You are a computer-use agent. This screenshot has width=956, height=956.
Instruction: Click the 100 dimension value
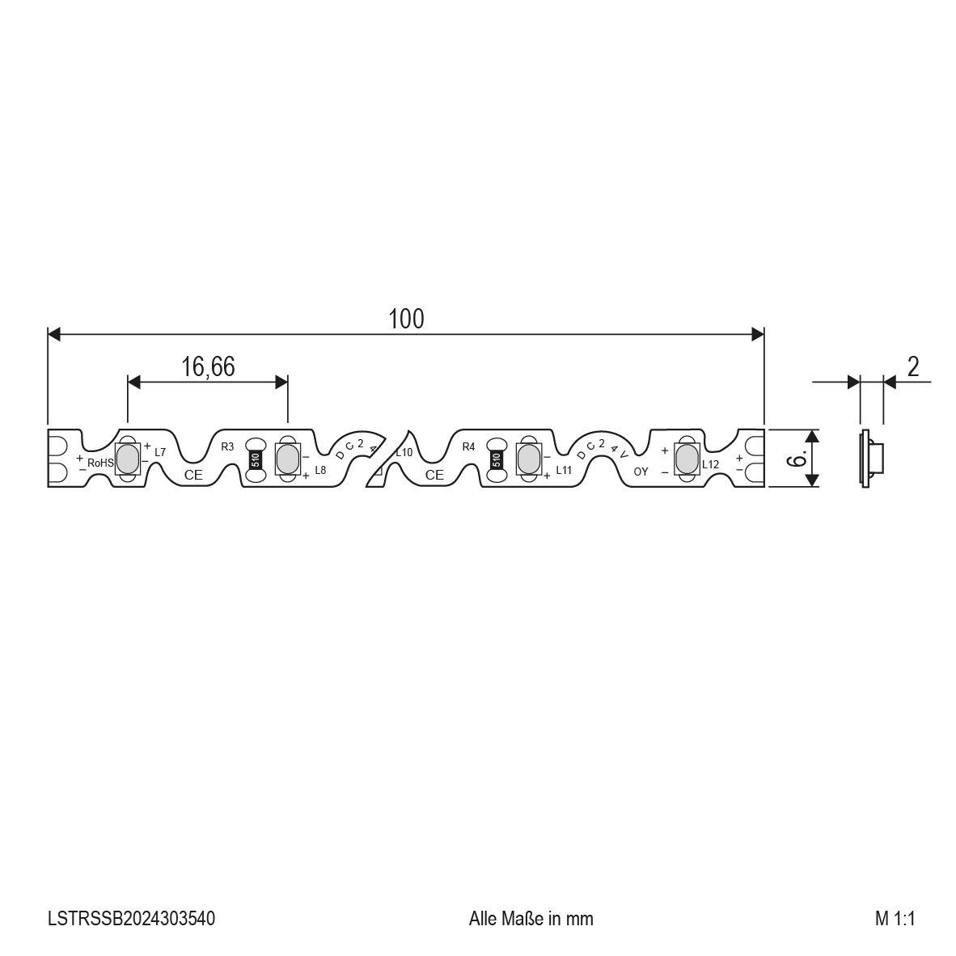pos(406,319)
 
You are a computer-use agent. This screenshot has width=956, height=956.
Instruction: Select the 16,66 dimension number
pos(208,367)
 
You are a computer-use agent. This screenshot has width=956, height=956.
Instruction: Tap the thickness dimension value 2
pos(912,367)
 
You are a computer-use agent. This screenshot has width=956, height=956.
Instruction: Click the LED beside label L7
pos(128,459)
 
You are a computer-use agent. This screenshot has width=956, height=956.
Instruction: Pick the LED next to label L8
pos(287,459)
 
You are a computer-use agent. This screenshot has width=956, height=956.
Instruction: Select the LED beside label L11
pos(528,459)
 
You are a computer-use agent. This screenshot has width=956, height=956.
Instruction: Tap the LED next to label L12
pos(687,459)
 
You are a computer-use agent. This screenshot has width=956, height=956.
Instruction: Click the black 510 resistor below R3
pos(256,459)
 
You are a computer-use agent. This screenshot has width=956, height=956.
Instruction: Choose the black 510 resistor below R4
pos(497,459)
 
